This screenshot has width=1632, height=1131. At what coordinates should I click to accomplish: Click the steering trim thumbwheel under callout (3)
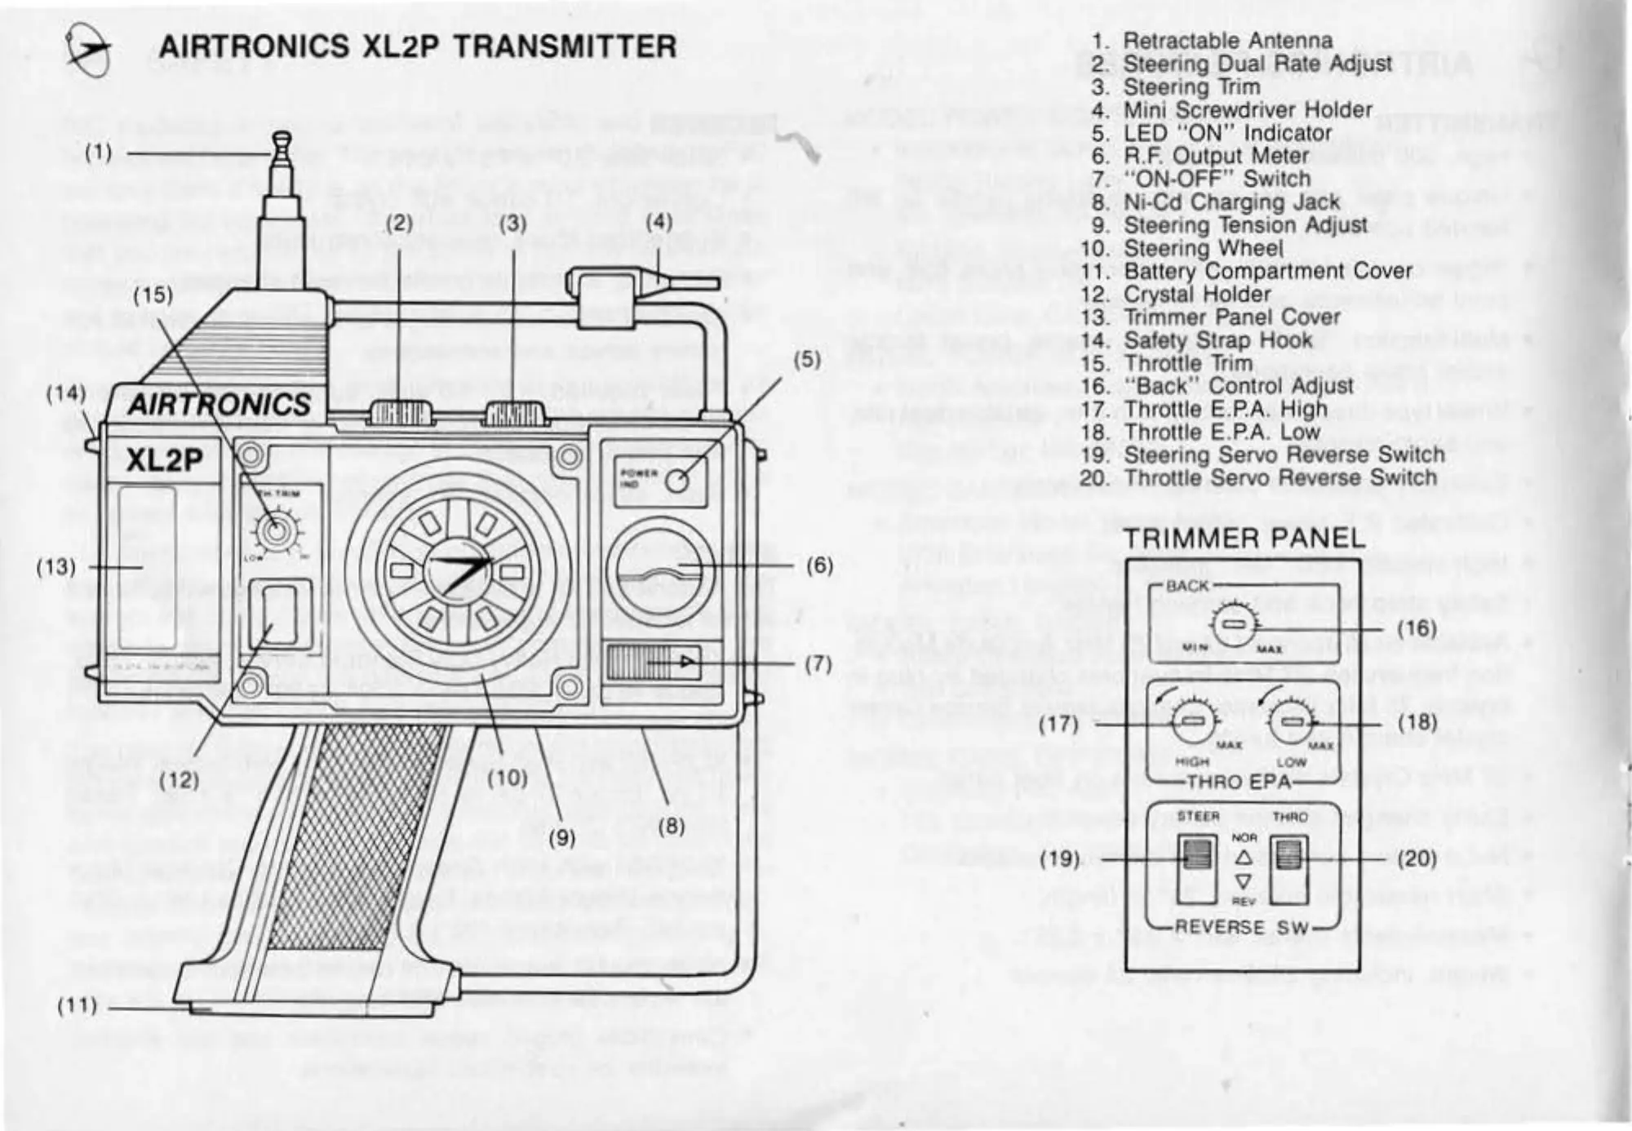tap(514, 413)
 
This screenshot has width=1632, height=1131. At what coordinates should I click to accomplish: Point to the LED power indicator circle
tap(677, 481)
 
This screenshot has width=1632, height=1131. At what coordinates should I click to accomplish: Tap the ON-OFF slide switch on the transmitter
tap(653, 661)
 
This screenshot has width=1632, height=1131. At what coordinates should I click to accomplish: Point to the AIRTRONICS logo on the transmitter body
tap(219, 404)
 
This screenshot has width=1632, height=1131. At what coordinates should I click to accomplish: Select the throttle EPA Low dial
tap(1293, 721)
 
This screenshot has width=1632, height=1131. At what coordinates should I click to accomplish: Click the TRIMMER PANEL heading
tap(1244, 539)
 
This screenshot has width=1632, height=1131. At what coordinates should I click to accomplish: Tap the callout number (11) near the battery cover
tap(77, 1005)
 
